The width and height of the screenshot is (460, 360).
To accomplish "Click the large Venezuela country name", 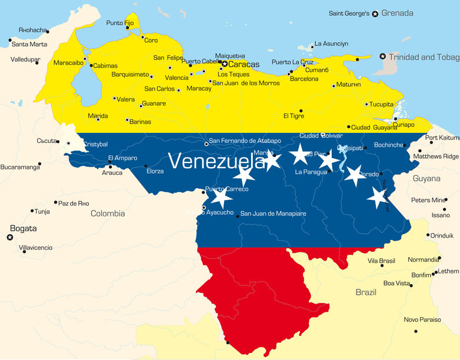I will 216,160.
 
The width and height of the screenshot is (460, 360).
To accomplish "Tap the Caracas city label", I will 244,64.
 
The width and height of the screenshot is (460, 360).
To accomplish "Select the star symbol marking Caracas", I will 225,64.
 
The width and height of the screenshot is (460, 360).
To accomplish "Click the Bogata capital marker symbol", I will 9,237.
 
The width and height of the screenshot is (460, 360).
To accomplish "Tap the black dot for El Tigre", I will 301,111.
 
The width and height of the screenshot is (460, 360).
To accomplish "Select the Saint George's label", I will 349,14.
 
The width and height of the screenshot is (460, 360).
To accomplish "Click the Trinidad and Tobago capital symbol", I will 383,56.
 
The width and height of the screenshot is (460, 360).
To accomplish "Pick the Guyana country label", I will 426,178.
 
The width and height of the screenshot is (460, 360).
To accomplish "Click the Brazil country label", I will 366,292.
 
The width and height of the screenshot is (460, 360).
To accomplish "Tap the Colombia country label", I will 108,214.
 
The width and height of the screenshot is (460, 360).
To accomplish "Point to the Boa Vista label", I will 396,283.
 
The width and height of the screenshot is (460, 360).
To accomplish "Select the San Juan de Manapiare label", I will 274,214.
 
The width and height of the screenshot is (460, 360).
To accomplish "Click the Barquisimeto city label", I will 130,75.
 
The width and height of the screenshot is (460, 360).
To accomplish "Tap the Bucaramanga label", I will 20,168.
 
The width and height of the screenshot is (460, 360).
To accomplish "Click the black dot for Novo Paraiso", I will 415,331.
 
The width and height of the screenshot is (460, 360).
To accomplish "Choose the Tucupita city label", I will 381,104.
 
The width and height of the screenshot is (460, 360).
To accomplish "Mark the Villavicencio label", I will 35,248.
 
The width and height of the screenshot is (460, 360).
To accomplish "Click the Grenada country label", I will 397,13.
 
